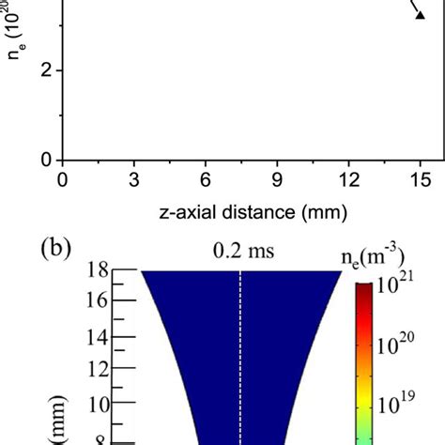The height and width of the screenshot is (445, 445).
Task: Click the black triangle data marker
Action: [x=421, y=12]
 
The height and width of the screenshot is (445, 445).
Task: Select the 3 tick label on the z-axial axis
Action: [x=134, y=179]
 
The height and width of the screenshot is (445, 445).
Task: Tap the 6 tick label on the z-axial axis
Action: [x=206, y=179]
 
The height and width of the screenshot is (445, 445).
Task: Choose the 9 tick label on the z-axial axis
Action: [x=277, y=179]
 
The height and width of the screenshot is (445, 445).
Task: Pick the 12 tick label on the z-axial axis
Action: [x=348, y=179]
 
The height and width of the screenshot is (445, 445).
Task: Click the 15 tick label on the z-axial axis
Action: [x=421, y=179]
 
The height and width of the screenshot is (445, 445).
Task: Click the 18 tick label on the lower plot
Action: [x=96, y=272]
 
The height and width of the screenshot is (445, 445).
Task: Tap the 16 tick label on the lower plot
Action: [x=96, y=301]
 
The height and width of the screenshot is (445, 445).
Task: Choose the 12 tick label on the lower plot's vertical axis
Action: [x=96, y=370]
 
